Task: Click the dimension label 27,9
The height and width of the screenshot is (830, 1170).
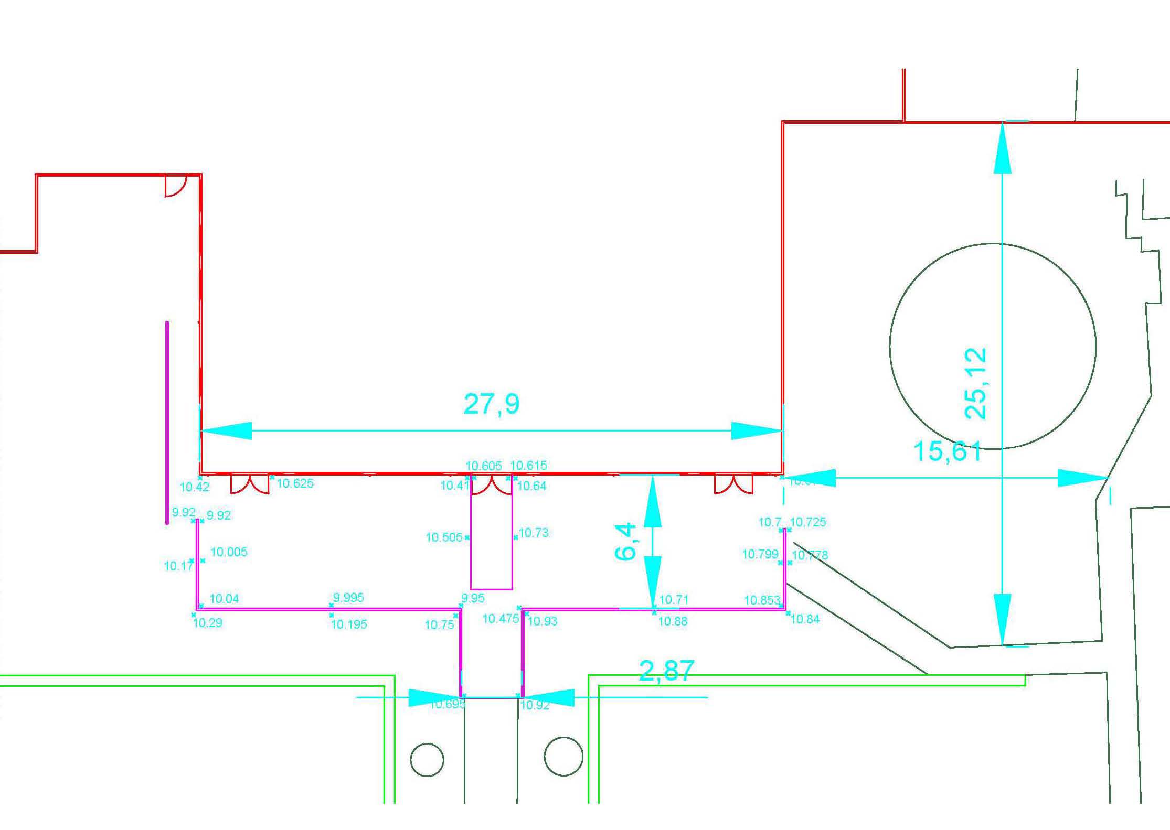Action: click(x=491, y=404)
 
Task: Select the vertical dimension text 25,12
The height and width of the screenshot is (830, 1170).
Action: click(x=976, y=383)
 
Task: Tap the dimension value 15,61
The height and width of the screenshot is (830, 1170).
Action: click(x=947, y=451)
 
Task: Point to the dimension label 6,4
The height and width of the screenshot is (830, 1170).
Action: click(x=625, y=542)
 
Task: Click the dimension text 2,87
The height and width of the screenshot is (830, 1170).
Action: click(x=666, y=671)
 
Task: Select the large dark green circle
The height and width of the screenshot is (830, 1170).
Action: click(x=993, y=346)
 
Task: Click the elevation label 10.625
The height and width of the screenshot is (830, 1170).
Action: click(x=295, y=483)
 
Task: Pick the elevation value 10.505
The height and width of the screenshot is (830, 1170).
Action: click(x=444, y=537)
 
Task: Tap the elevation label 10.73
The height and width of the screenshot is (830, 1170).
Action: click(x=534, y=533)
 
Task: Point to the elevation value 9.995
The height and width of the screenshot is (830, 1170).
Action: click(x=348, y=598)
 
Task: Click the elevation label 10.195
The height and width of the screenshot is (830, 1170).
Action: click(x=349, y=624)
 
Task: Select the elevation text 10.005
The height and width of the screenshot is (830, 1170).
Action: click(x=229, y=552)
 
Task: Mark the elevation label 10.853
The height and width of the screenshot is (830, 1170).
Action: click(x=762, y=600)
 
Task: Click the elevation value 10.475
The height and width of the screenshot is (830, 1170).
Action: click(x=501, y=619)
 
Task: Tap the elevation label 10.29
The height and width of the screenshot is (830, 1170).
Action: click(x=208, y=623)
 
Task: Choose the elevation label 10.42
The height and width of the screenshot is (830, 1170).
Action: click(x=195, y=487)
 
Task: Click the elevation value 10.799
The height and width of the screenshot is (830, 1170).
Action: click(x=760, y=554)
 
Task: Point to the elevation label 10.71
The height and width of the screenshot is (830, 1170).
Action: click(x=674, y=599)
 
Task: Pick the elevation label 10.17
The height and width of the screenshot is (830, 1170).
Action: click(x=178, y=566)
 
